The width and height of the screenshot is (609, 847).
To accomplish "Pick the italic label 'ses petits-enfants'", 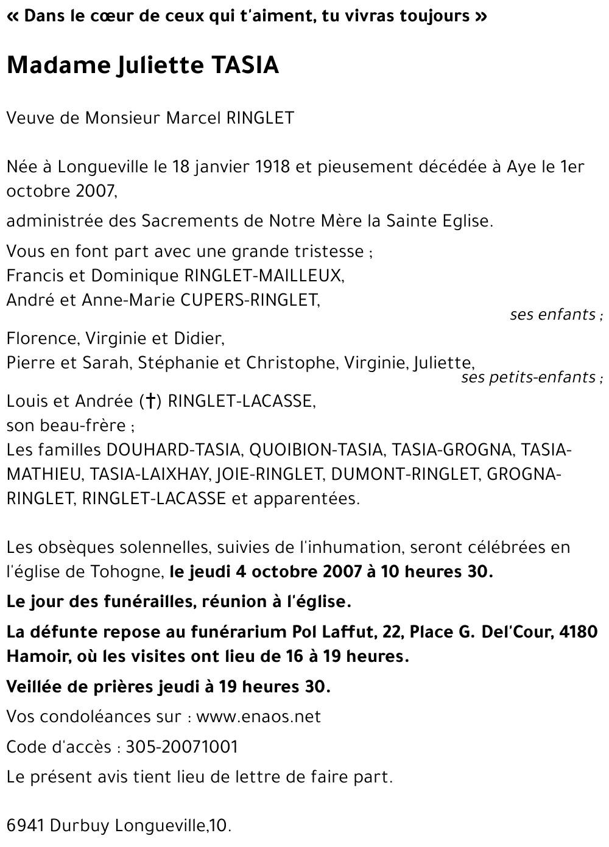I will pos(529,378).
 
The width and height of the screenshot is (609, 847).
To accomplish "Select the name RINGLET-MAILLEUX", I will pos(262,276).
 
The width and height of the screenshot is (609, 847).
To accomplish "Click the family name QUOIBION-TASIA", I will pos(316,450).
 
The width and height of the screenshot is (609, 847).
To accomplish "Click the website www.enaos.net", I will pos(259,717).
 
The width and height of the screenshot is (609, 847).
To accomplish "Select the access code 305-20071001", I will pos(181,747).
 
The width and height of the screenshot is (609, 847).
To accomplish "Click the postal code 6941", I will pos(26,826).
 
